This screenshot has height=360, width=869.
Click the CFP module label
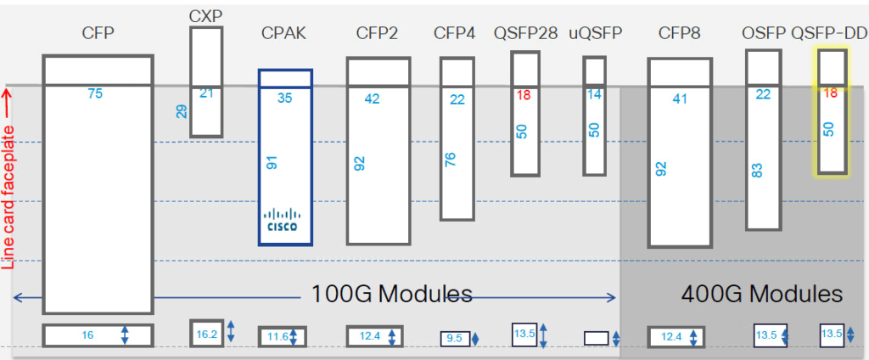pyautogui.click(x=98, y=33)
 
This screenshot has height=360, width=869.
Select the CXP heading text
pyautogui.click(x=205, y=16)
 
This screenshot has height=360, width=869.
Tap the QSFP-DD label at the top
pyautogui.click(x=829, y=33)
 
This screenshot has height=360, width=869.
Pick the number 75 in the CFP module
pyautogui.click(x=95, y=93)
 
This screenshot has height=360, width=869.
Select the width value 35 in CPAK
pyautogui.click(x=285, y=98)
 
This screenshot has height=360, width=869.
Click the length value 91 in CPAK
pyautogui.click(x=272, y=161)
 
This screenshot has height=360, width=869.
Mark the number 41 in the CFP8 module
pyautogui.click(x=679, y=98)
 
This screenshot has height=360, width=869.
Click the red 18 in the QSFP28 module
pyautogui.click(x=524, y=95)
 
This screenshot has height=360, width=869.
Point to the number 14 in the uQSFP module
pyautogui.click(x=595, y=94)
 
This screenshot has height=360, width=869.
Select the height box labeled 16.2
pyautogui.click(x=207, y=334)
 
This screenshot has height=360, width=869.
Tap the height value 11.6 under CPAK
pyautogui.click(x=277, y=337)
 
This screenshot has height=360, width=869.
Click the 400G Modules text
pyautogui.click(x=761, y=294)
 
